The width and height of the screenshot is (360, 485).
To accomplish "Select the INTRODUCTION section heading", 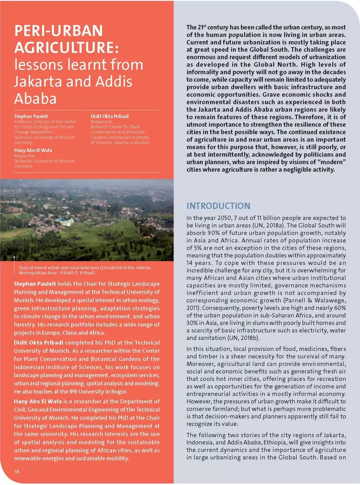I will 219,206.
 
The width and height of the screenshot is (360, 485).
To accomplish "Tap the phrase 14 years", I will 198,264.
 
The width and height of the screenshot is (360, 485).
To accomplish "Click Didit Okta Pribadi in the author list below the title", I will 110,117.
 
